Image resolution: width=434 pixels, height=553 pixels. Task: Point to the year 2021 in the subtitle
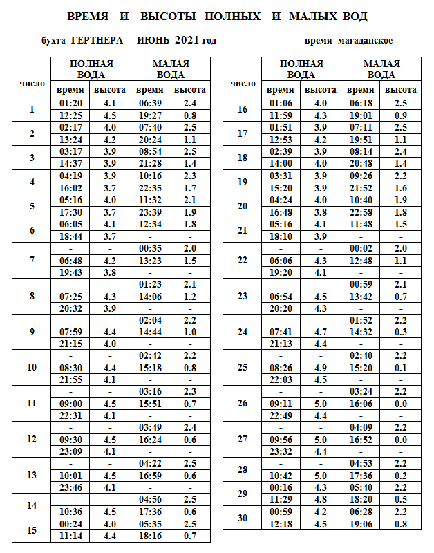(187, 41)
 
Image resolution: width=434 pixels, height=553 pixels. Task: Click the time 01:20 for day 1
(71, 103)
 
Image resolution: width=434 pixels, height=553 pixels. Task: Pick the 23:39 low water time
(150, 212)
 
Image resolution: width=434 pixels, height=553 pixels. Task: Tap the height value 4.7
(320, 332)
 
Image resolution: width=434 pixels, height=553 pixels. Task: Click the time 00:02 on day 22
(361, 248)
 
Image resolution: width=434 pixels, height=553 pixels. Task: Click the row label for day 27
(242, 439)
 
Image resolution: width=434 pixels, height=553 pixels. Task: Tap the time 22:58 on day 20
(361, 212)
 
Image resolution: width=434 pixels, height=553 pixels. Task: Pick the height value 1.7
(190, 188)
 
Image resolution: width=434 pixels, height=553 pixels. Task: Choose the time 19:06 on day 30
(361, 523)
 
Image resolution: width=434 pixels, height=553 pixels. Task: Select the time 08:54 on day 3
(150, 151)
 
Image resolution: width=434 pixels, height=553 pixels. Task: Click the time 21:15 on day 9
(71, 344)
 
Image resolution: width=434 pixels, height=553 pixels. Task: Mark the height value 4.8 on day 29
(320, 499)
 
